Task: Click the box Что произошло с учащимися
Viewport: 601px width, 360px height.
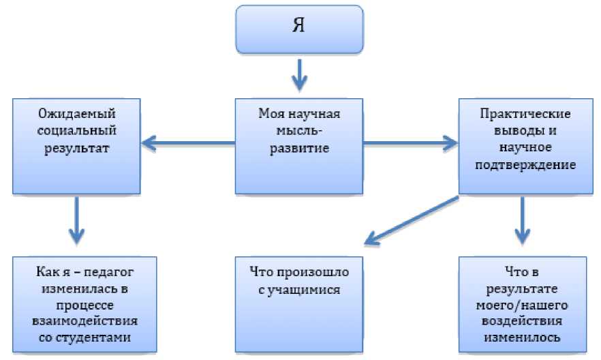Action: click(299, 303)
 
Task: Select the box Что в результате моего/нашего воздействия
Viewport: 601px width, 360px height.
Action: click(523, 303)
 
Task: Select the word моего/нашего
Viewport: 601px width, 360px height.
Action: click(523, 305)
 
